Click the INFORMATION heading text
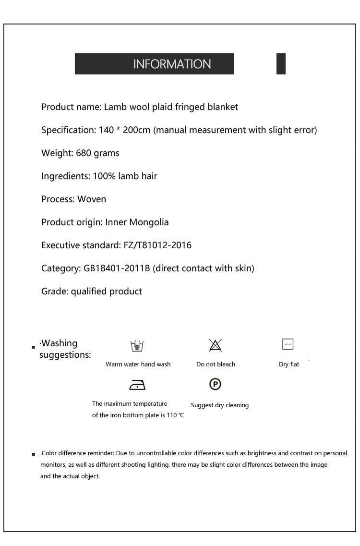[x=172, y=64]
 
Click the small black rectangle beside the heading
[x=281, y=64]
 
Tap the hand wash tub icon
[x=137, y=345]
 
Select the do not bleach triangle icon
[x=215, y=345]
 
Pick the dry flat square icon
[x=288, y=344]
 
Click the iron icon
[x=137, y=385]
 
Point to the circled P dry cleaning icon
[x=216, y=384]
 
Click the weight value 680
[x=84, y=153]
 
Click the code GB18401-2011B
[x=117, y=268]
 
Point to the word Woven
[x=92, y=199]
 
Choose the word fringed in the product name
[x=189, y=107]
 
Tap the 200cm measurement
[x=136, y=130]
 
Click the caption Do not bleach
[x=216, y=364]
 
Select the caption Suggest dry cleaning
[x=220, y=405]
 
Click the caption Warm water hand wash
[x=138, y=364]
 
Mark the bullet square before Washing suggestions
[x=34, y=347]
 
